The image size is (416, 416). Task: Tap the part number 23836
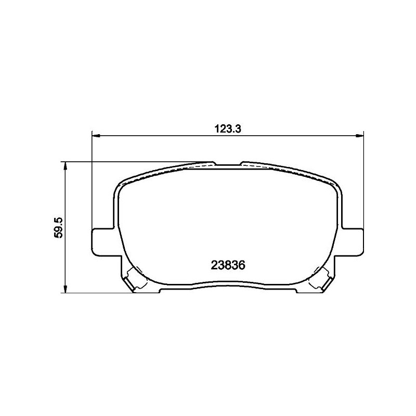(x=228, y=264)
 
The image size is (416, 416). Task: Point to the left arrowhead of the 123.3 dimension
(x=95, y=136)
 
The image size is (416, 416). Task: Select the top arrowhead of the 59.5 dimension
(x=65, y=165)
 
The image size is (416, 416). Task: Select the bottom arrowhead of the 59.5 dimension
(x=65, y=289)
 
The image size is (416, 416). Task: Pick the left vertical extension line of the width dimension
(x=92, y=182)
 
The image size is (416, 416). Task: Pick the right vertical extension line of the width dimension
(x=363, y=182)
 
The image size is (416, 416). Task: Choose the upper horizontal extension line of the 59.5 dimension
(x=135, y=162)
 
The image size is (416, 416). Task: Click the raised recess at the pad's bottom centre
(x=228, y=286)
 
